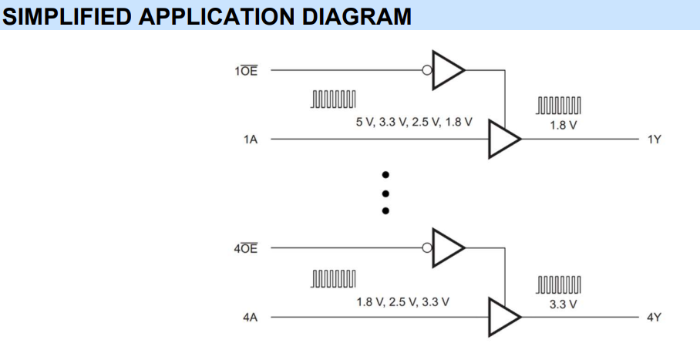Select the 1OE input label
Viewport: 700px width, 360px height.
coord(247,71)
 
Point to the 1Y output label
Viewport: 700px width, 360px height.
coord(655,140)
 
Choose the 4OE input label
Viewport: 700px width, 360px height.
coord(247,248)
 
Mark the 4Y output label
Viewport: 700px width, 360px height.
coord(655,317)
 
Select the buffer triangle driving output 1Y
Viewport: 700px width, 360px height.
coord(504,140)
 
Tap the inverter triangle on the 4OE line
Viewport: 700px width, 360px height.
coord(447,247)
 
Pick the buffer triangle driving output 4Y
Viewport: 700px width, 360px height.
coord(504,317)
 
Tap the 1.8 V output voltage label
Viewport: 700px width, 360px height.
coord(563,125)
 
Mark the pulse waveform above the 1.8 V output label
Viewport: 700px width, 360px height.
coord(559,106)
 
